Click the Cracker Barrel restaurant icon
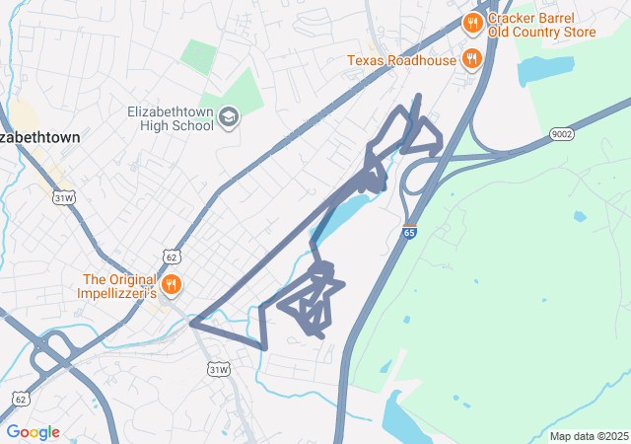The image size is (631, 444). (x=473, y=23)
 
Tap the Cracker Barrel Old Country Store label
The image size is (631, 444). (x=542, y=26)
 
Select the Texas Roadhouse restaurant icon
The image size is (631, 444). (x=472, y=59)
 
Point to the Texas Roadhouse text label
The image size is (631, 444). (x=401, y=60)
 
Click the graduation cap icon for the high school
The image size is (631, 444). (x=229, y=118)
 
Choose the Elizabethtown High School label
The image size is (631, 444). (x=171, y=118)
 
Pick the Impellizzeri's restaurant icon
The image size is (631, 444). (x=173, y=284)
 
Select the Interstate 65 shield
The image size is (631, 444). (x=409, y=233)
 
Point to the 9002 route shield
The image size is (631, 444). (x=562, y=134)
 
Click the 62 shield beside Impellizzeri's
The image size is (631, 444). (x=173, y=258)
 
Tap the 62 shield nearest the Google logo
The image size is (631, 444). (x=21, y=399)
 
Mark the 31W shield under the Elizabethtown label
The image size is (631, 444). (x=63, y=197)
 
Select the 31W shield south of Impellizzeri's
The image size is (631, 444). (x=218, y=369)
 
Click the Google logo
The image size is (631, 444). (x=33, y=432)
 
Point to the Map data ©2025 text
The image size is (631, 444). (x=589, y=436)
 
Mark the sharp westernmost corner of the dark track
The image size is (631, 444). (x=191, y=323)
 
